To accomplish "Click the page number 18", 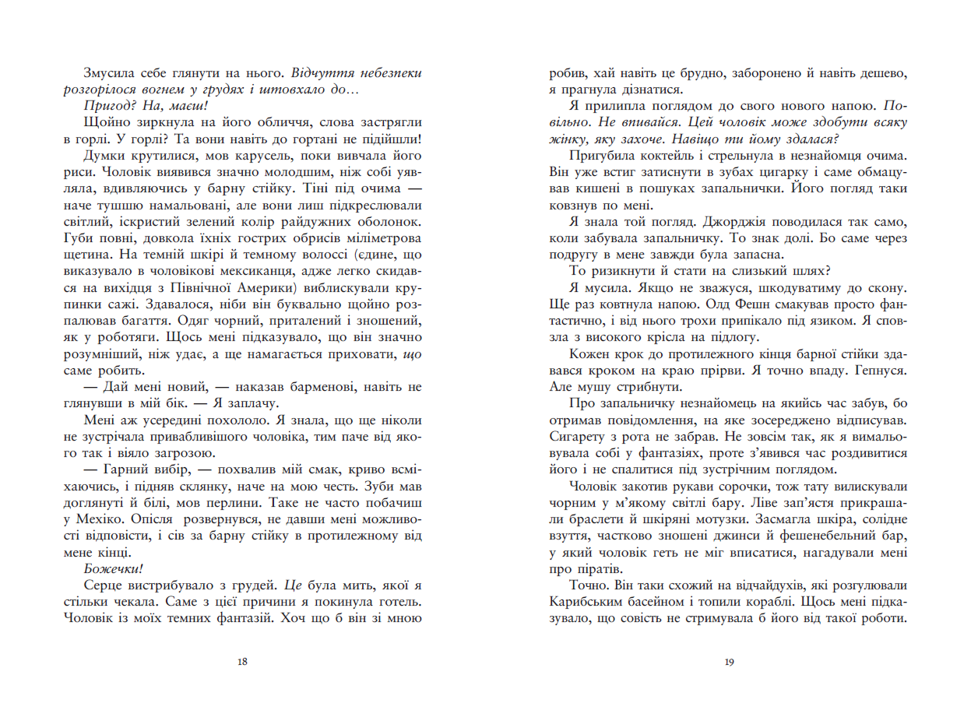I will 241,662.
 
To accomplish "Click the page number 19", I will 728,662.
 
